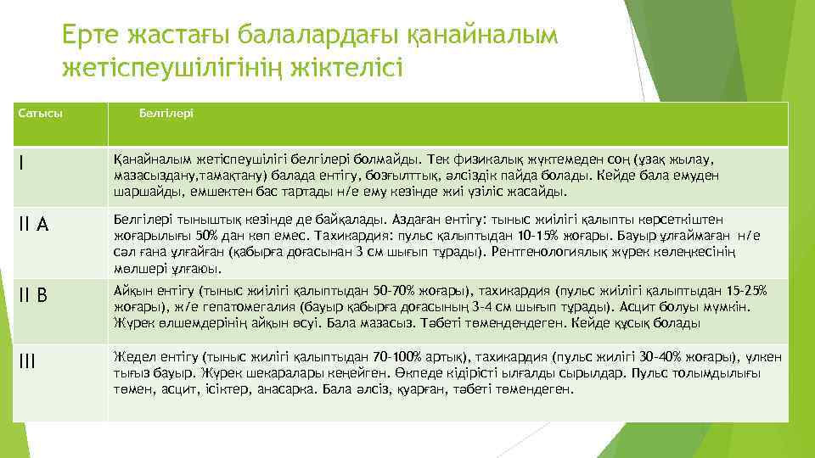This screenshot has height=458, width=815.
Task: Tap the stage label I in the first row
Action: tap(21, 164)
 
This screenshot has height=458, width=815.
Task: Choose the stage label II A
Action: tap(33, 224)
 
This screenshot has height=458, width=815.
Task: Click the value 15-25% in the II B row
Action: tap(746, 291)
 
